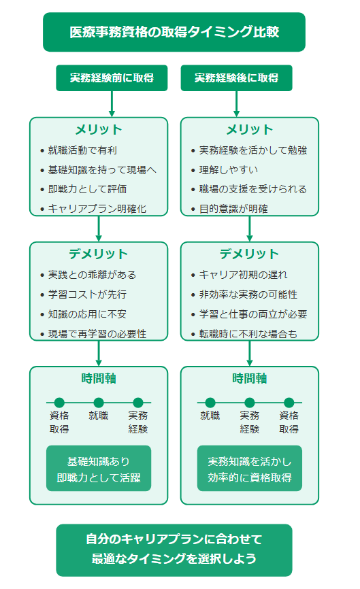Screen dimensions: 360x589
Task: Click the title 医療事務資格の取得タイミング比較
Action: (174, 32)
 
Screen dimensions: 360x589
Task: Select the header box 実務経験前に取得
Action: (112, 78)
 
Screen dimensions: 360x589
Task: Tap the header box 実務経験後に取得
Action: (236, 78)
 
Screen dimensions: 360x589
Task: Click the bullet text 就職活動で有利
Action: (82, 150)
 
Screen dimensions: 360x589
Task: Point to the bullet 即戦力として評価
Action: (87, 189)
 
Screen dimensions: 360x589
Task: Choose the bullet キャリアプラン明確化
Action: (97, 209)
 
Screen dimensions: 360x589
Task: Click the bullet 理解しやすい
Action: (229, 170)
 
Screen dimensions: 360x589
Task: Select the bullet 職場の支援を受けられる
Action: (253, 189)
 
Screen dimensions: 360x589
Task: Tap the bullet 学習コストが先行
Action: (87, 294)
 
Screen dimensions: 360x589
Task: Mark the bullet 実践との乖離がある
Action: (92, 275)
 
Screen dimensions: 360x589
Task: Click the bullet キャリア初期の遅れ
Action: (243, 275)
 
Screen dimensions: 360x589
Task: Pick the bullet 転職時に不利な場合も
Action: (248, 333)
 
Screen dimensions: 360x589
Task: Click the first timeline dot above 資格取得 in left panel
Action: (59, 403)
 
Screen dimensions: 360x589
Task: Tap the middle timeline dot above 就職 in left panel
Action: (99, 403)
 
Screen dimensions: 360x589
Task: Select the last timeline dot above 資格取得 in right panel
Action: (289, 403)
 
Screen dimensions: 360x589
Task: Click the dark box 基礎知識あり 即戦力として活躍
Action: (99, 469)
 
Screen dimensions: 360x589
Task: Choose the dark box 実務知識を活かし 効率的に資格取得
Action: (250, 469)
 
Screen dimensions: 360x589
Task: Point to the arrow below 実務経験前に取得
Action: (112, 104)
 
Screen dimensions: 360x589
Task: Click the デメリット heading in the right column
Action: (250, 254)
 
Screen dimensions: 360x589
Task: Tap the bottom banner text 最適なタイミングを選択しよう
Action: (174, 558)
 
